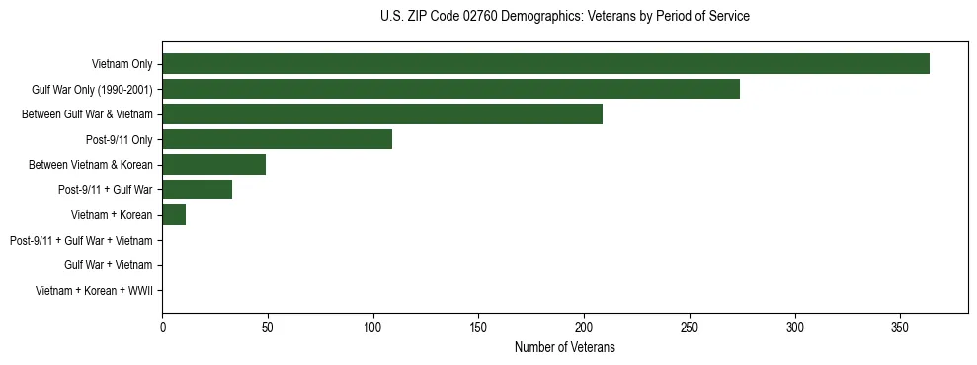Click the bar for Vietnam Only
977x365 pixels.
click(x=545, y=64)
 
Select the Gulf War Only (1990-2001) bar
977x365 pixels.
click(x=450, y=89)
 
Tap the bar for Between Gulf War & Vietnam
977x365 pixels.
click(x=382, y=114)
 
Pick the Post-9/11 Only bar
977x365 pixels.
click(x=277, y=139)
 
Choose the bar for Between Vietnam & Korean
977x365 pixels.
click(x=213, y=165)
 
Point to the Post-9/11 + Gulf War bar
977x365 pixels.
click(x=197, y=189)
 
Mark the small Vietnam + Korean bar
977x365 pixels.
click(x=174, y=215)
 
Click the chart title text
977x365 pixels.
click(x=564, y=17)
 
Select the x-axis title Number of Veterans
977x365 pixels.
click(x=564, y=347)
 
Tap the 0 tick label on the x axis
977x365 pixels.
click(x=163, y=327)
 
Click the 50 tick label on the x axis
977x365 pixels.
click(x=268, y=327)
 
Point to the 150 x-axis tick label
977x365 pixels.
click(x=478, y=327)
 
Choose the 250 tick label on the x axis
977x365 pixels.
click(x=690, y=327)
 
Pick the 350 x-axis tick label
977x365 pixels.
click(x=900, y=327)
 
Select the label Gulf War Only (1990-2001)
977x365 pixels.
click(x=92, y=90)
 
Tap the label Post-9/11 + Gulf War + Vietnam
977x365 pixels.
click(x=81, y=241)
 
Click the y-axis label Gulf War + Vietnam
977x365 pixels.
click(x=108, y=265)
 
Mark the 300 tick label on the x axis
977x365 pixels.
click(x=794, y=327)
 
